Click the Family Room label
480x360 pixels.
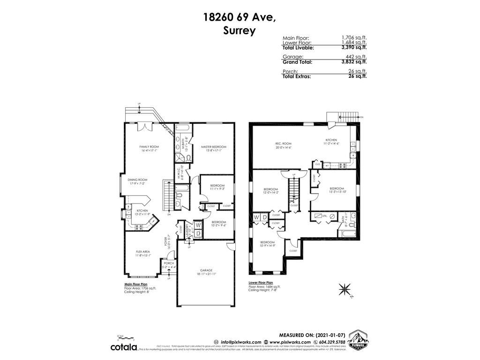tap(149, 147)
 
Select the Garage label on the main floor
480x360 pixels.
tap(206, 270)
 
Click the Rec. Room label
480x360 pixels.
tap(284, 143)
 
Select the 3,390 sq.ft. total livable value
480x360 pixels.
tap(354, 47)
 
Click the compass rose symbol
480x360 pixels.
tap(346, 289)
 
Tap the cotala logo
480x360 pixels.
tap(124, 346)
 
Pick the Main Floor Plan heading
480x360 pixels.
tap(136, 284)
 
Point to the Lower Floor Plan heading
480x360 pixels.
tap(261, 283)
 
